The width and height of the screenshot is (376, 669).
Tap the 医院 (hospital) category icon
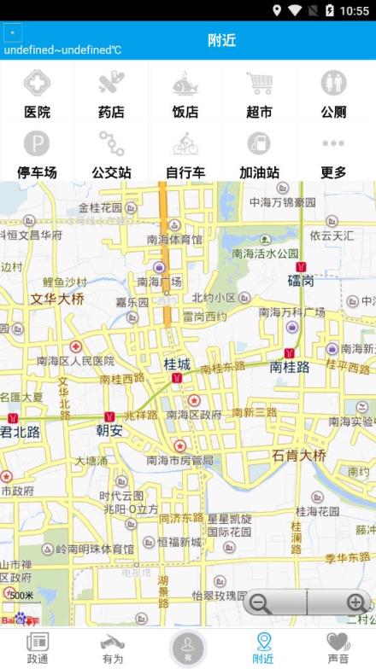pos(37,84)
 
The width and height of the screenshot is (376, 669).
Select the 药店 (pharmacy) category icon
pos(111,84)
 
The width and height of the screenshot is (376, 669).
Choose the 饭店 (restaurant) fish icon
pos(185,84)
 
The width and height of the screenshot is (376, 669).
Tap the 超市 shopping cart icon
pos(259,84)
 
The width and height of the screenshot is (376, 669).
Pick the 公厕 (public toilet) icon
pos(333,84)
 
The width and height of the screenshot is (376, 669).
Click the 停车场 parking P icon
pos(37,143)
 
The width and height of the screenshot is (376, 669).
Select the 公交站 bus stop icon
pos(111,143)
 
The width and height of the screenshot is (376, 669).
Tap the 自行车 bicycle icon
pos(185,143)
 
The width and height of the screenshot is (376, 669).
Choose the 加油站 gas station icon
pos(259,143)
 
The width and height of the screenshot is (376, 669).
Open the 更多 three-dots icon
pos(333,143)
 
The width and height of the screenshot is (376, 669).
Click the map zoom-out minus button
pos(261,603)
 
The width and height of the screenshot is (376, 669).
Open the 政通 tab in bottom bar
pos(38,646)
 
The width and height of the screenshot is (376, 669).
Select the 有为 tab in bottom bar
pos(112,646)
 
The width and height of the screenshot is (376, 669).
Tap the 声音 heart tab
pos(338,646)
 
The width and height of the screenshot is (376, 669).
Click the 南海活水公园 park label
pos(265,253)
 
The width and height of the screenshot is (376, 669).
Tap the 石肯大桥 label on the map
pos(299,455)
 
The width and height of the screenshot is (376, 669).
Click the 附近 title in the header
pos(221,40)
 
